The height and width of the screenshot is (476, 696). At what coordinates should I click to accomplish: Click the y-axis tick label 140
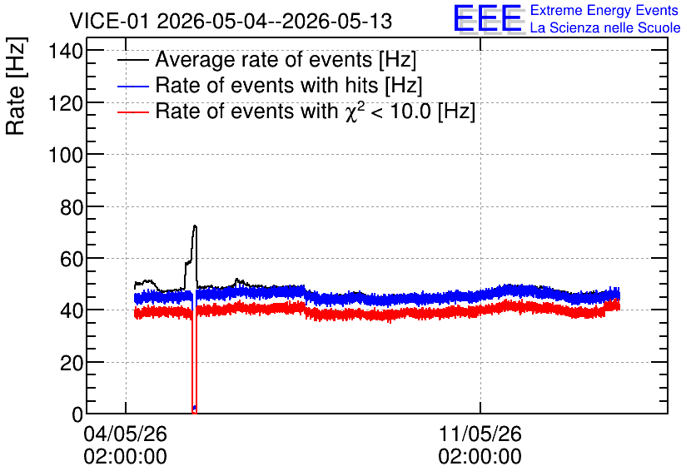click(x=66, y=52)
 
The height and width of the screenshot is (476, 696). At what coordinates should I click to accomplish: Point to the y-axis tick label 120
click(x=66, y=103)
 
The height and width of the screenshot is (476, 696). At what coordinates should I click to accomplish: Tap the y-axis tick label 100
click(x=66, y=156)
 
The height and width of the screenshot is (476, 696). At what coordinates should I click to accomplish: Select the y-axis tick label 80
click(x=72, y=207)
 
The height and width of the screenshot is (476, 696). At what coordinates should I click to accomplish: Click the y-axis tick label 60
click(x=72, y=259)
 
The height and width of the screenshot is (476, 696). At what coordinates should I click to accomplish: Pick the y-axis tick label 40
click(x=72, y=311)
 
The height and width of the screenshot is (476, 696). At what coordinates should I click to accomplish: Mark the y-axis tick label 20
click(x=72, y=363)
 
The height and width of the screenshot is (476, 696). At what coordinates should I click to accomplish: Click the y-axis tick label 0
click(x=77, y=414)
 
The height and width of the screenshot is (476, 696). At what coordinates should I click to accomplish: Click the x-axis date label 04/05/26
click(x=125, y=434)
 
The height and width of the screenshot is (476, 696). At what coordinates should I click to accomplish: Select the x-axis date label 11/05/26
click(x=480, y=434)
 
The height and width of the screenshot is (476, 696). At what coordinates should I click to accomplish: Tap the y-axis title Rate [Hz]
click(x=16, y=86)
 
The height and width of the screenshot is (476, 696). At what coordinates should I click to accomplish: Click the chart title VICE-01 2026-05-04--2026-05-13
click(x=231, y=21)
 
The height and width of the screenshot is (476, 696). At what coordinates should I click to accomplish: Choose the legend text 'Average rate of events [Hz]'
click(x=286, y=59)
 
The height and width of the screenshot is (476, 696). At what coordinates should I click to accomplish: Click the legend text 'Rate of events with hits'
click(x=266, y=85)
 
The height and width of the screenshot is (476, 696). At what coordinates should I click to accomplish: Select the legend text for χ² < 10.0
click(x=316, y=111)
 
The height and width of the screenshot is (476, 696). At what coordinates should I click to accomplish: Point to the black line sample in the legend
click(x=132, y=60)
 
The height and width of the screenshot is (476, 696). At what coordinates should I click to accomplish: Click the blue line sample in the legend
click(x=132, y=86)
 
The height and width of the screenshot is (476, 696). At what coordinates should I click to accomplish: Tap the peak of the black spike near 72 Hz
click(x=195, y=226)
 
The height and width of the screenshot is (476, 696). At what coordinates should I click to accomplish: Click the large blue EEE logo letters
click(x=487, y=17)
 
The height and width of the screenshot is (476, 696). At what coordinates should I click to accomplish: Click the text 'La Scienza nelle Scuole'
click(x=605, y=27)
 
